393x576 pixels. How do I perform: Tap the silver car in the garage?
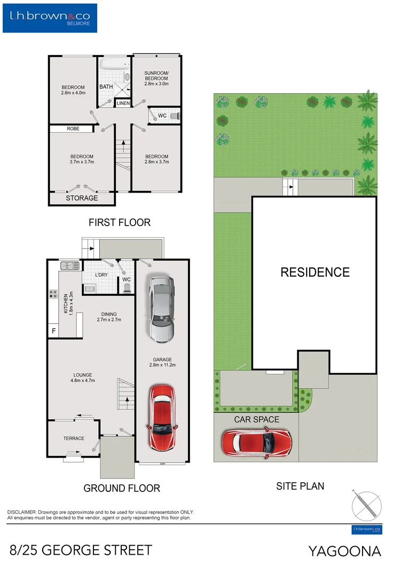(x=161, y=309)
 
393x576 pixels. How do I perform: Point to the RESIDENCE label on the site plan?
(x=315, y=272)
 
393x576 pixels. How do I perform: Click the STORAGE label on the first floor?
(x=82, y=198)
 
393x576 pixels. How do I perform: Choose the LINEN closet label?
(x=123, y=103)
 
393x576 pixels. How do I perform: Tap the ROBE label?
(x=73, y=129)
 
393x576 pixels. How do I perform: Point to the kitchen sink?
(x=70, y=266)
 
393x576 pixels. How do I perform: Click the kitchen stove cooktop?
(x=54, y=294)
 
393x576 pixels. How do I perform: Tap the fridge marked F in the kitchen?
(x=53, y=331)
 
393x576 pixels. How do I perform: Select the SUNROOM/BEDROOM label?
(x=157, y=78)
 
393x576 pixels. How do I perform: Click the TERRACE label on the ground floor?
(x=74, y=438)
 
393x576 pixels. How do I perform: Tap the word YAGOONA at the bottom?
(x=344, y=551)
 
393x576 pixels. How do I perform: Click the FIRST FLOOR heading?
(x=120, y=222)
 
